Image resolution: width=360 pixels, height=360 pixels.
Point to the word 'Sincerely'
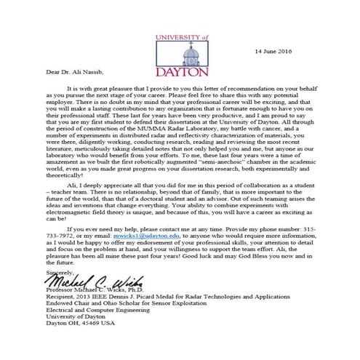pos(39,291)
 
